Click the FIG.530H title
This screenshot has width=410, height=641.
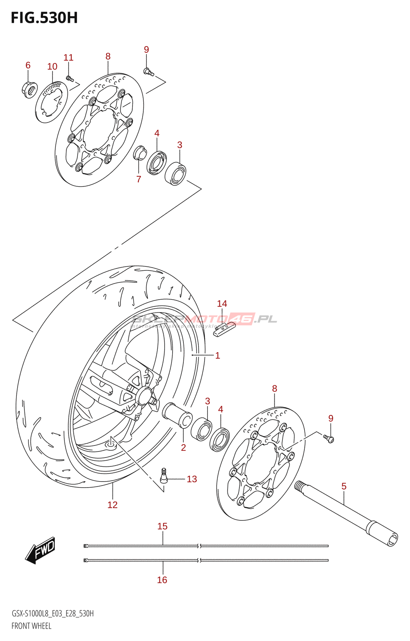click(44, 18)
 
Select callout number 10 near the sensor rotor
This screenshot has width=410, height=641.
click(52, 67)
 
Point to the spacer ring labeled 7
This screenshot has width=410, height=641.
click(140, 153)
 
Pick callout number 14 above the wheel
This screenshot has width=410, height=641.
click(222, 304)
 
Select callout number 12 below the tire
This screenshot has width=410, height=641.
click(113, 505)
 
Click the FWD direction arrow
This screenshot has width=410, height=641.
click(40, 550)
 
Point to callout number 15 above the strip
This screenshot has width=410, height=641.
click(162, 526)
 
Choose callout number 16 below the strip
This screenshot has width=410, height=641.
click(162, 580)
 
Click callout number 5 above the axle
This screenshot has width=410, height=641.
click(344, 486)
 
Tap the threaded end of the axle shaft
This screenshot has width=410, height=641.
click(300, 486)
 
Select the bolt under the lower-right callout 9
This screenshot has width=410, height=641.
click(329, 439)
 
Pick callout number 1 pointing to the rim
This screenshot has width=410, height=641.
click(217, 355)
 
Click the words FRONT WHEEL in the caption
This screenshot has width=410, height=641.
click(31, 626)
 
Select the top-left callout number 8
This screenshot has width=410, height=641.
click(108, 56)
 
